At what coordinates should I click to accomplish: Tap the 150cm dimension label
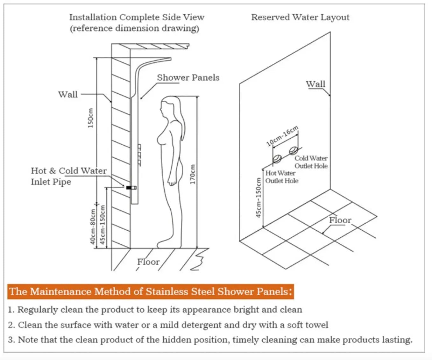[90, 118]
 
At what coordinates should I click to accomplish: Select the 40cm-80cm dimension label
[93, 226]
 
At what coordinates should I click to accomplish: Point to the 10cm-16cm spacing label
[282, 136]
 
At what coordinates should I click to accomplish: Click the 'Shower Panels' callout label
[188, 78]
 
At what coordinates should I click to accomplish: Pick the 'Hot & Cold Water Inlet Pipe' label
[68, 176]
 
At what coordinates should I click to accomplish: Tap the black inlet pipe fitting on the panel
[129, 188]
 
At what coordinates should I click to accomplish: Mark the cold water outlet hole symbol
[294, 150]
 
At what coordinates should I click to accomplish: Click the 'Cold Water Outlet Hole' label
[311, 162]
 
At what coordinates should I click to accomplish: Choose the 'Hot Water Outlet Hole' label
[282, 177]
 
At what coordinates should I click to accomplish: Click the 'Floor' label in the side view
[148, 262]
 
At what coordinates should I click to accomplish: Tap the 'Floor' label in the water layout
[340, 220]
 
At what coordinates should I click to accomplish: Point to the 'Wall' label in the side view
[68, 95]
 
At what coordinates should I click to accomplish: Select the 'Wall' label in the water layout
[315, 84]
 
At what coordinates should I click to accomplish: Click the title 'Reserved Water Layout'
[300, 17]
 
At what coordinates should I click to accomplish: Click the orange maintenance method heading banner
[150, 292]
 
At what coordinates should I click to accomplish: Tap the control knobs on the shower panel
[139, 155]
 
